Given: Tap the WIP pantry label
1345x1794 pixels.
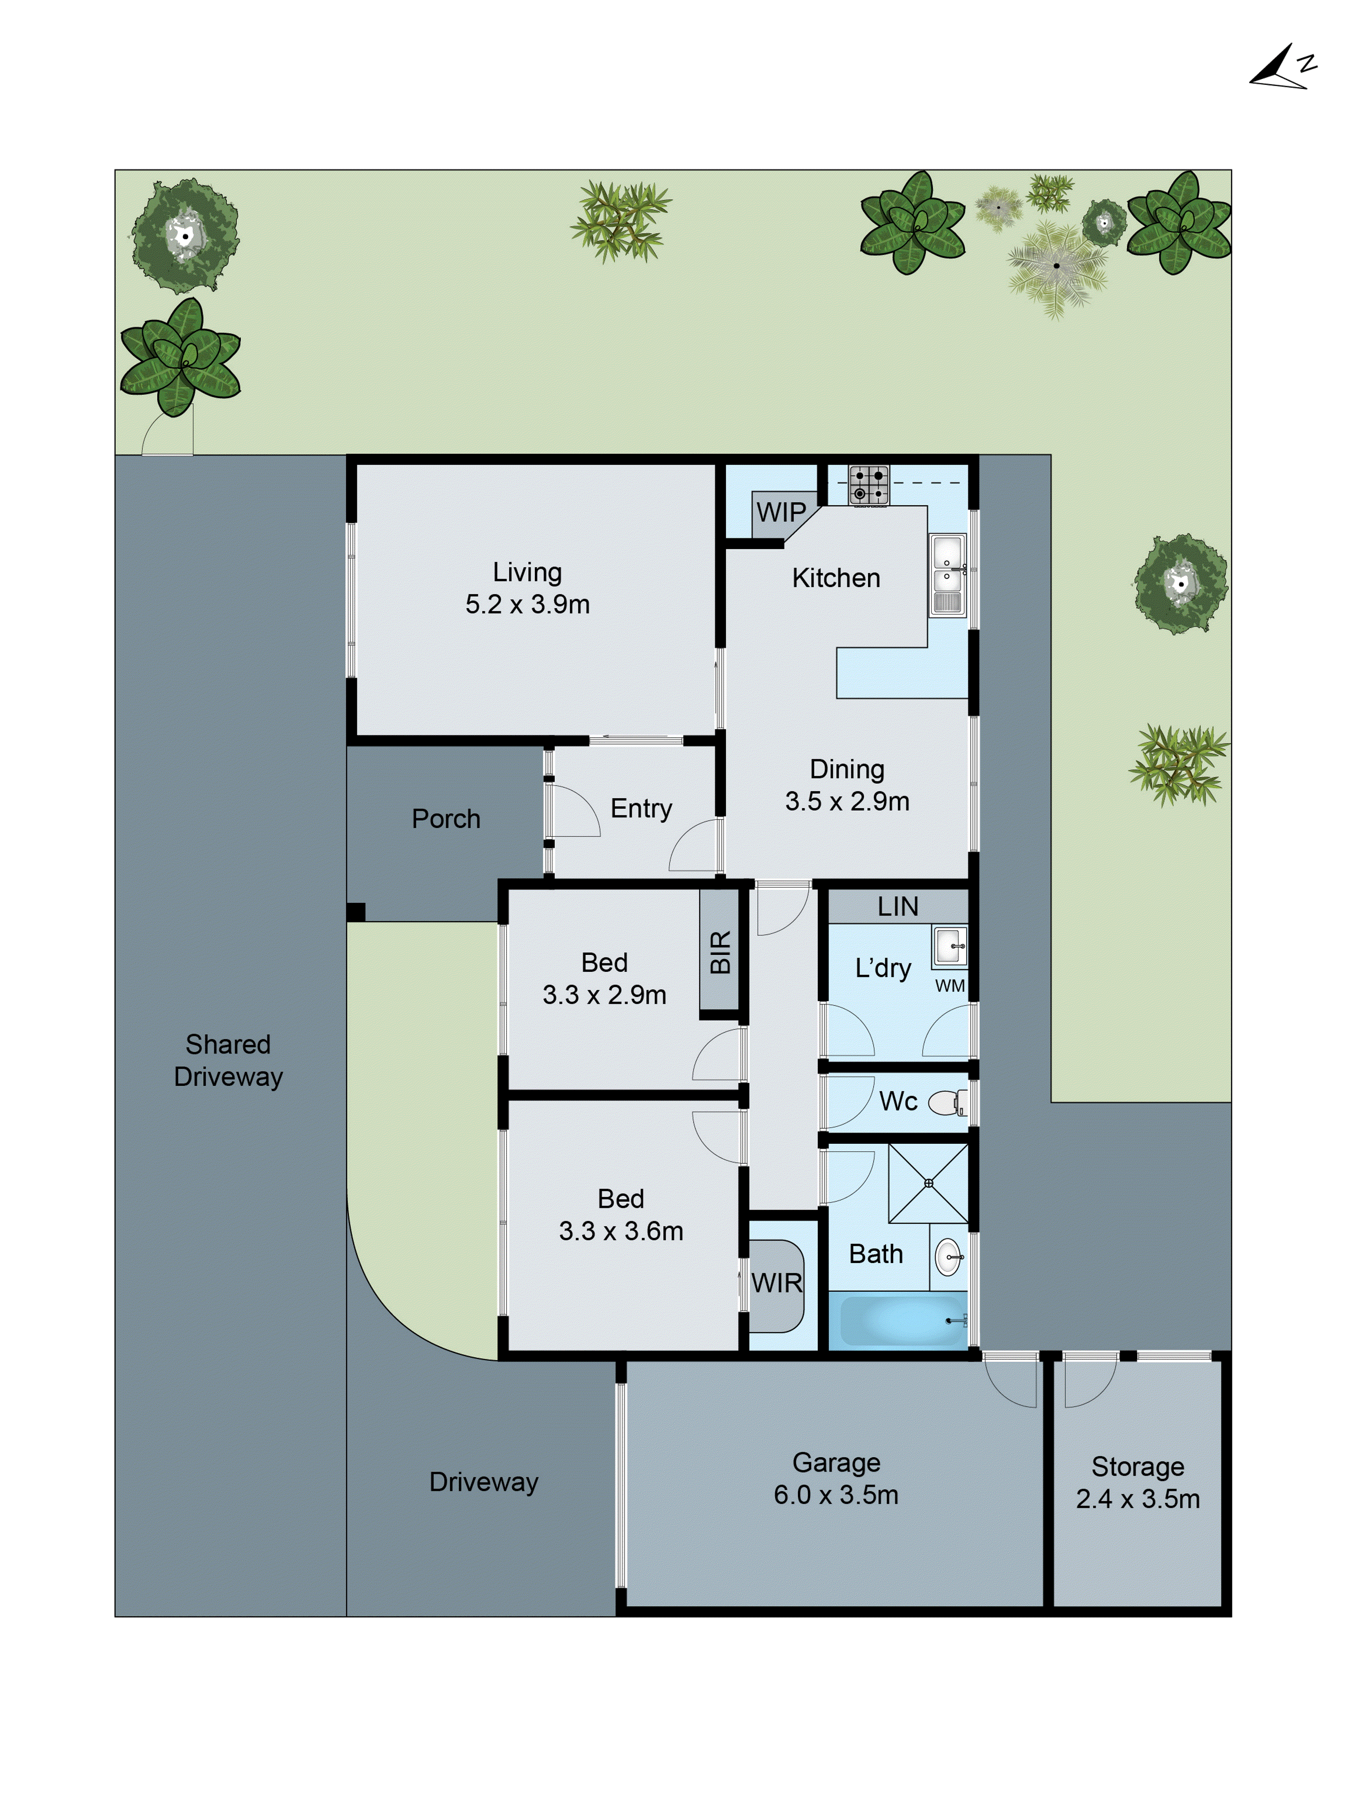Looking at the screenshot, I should [x=780, y=513].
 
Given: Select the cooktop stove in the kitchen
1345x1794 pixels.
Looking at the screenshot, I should [x=868, y=485].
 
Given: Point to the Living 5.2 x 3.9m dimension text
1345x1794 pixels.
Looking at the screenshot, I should [x=527, y=604].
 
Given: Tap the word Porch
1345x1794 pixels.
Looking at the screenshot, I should [x=446, y=819].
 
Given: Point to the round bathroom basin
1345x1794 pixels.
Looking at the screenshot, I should [x=948, y=1257].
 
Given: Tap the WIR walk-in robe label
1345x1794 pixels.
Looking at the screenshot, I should [x=776, y=1283].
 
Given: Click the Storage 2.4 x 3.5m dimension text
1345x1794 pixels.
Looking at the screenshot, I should [x=1137, y=1499].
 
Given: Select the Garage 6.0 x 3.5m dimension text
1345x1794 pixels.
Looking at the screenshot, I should [x=836, y=1495].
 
